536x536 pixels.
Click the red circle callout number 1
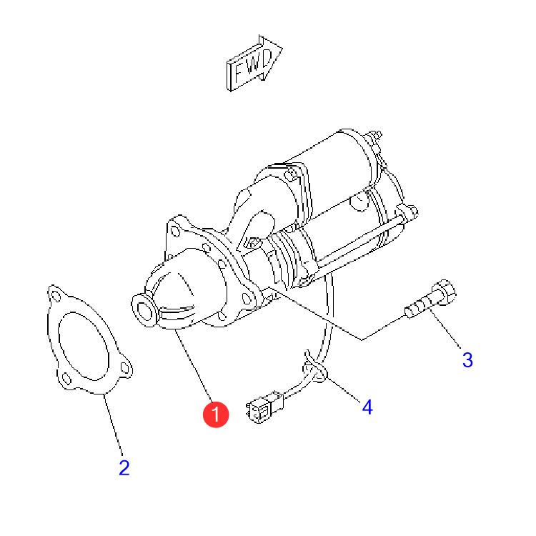(x=216, y=415)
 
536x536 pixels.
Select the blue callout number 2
(x=124, y=467)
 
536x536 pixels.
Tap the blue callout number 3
(x=467, y=359)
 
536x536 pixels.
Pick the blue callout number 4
(x=367, y=407)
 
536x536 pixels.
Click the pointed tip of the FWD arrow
(x=282, y=47)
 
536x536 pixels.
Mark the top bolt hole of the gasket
(x=56, y=296)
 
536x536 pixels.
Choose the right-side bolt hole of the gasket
(x=125, y=368)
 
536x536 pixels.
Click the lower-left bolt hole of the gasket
(x=66, y=379)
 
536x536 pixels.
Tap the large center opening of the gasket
(x=84, y=346)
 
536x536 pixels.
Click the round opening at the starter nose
(x=144, y=312)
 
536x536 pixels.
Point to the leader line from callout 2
(x=113, y=425)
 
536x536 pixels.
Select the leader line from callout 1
(x=194, y=366)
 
